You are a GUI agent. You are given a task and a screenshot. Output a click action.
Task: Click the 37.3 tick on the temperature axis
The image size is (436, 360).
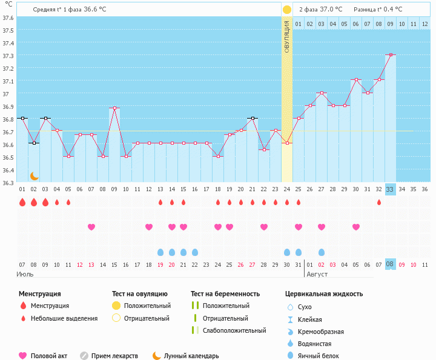8,56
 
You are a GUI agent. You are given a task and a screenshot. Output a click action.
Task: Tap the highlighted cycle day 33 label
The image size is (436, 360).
390,189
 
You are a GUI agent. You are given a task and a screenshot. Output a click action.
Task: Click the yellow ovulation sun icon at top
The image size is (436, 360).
287,10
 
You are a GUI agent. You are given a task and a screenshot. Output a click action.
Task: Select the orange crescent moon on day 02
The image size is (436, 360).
35,175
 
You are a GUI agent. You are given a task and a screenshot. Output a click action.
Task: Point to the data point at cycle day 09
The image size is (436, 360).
114,108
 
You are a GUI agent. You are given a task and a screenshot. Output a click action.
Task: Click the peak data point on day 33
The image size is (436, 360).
391,55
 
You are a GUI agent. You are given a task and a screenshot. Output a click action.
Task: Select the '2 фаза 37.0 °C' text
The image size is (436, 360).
320,10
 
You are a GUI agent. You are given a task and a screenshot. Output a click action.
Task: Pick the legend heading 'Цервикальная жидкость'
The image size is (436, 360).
324,294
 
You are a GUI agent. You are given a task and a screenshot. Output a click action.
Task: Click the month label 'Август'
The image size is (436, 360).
318,274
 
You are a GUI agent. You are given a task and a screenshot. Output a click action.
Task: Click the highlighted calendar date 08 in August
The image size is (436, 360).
390,264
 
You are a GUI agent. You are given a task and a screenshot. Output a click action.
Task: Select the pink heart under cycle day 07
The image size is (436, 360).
91,227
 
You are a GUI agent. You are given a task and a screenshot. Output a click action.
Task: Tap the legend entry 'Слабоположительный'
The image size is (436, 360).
234,330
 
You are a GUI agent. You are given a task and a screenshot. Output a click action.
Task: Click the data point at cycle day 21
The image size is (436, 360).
253,118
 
